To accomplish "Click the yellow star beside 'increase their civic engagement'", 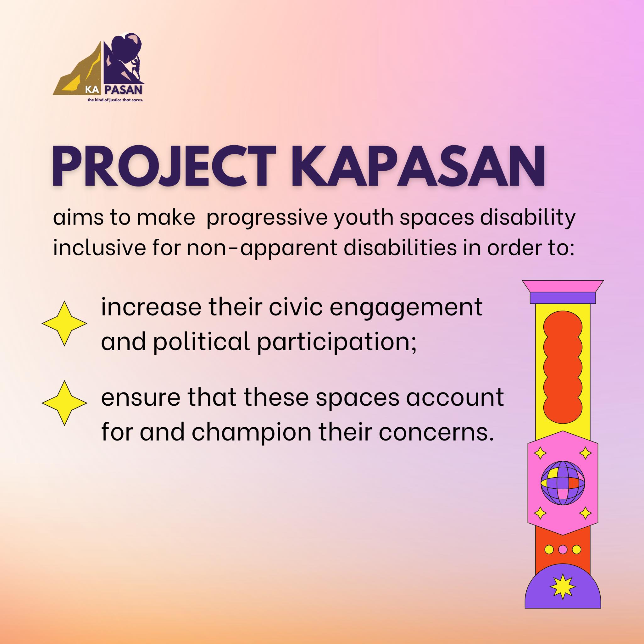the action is coord(64,323).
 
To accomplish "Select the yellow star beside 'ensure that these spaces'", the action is coord(64,403).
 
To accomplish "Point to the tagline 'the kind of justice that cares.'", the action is coord(115,100).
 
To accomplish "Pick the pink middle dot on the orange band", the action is coord(563,549).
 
